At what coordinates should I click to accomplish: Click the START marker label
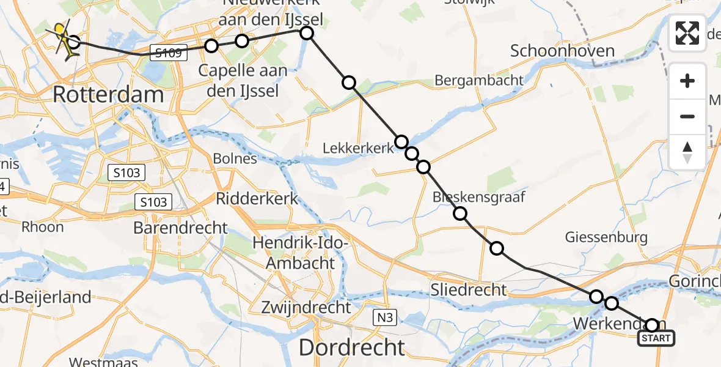pyautogui.click(x=657, y=338)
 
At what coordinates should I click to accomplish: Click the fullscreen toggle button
pyautogui.click(x=687, y=33)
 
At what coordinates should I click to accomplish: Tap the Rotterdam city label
pyautogui.click(x=108, y=95)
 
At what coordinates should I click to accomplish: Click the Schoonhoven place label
pyautogui.click(x=562, y=51)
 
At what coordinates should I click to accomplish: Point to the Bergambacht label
pyautogui.click(x=479, y=80)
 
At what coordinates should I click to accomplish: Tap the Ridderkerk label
pyautogui.click(x=257, y=198)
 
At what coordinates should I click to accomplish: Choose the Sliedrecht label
pyautogui.click(x=469, y=289)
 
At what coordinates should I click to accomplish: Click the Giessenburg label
pyautogui.click(x=606, y=236)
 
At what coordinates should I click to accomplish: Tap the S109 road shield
pyautogui.click(x=168, y=53)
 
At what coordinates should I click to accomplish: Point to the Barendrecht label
pyautogui.click(x=181, y=228)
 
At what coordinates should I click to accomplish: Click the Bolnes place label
pyautogui.click(x=235, y=159)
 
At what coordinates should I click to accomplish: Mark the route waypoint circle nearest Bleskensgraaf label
pyautogui.click(x=460, y=213)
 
